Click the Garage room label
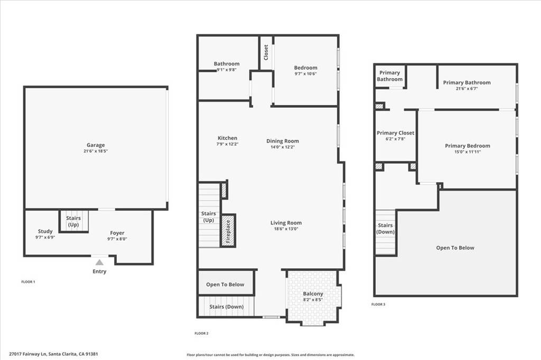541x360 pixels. click(96, 145)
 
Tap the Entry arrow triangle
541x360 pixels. click(99, 262)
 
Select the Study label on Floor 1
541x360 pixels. click(45, 231)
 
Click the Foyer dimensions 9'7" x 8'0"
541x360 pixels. click(117, 239)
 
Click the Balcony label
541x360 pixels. click(313, 294)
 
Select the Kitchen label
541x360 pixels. click(227, 138)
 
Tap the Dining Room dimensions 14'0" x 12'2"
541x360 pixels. click(282, 147)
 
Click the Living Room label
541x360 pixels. click(286, 223)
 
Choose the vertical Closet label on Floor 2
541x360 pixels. click(266, 52)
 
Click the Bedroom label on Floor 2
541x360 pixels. click(305, 68)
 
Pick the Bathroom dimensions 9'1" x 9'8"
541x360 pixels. click(226, 70)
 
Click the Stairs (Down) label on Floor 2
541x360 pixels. click(226, 307)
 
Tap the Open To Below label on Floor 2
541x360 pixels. click(225, 285)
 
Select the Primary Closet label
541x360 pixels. click(395, 133)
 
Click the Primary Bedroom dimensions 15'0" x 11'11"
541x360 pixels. click(467, 152)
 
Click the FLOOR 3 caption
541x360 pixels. click(378, 305)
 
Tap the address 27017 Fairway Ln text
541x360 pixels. click(32, 354)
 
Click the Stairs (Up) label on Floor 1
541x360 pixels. click(73, 221)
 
